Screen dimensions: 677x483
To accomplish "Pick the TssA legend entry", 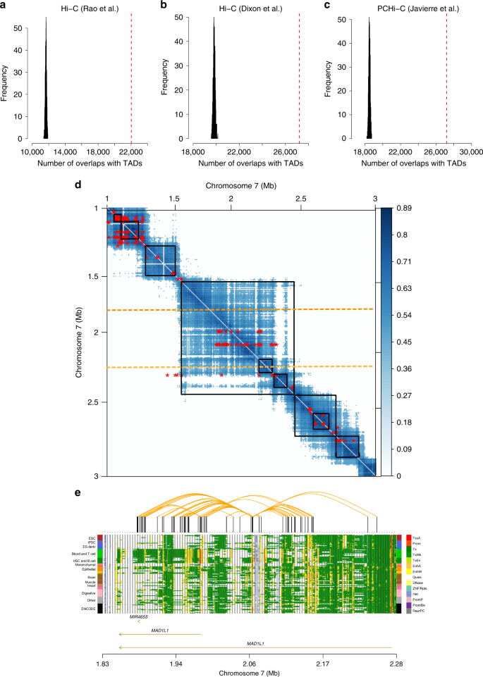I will (416, 538).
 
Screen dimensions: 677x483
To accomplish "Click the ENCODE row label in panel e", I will (90, 608).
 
